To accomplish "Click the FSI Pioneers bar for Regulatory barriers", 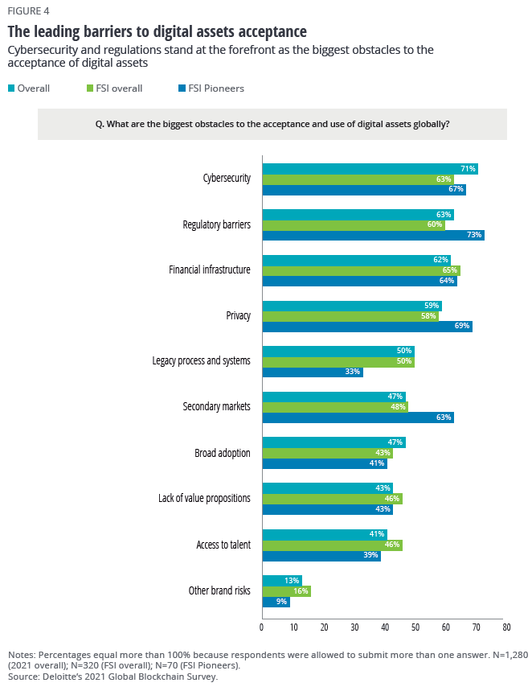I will click(374, 235).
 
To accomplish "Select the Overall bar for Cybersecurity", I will click(370, 169).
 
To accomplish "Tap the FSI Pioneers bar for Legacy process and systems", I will click(313, 372).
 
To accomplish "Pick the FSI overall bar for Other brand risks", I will click(287, 590).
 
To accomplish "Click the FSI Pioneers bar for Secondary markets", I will click(358, 418).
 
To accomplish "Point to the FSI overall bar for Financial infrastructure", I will click(362, 270).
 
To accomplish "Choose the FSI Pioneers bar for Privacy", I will click(367, 327).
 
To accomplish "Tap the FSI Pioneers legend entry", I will click(211, 88).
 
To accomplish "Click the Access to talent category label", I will click(223, 545).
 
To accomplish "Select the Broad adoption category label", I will click(223, 453).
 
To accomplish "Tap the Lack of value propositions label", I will click(204, 499).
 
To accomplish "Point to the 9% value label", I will click(281, 602).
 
